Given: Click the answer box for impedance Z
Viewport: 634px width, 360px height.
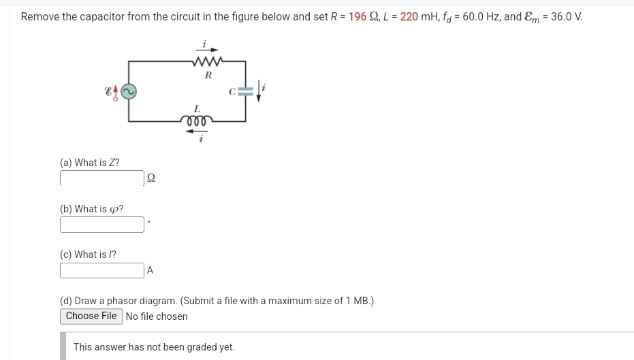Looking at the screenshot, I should click(x=102, y=178).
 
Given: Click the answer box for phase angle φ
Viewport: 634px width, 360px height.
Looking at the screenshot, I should click(x=102, y=225).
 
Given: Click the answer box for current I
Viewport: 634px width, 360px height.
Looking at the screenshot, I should click(x=102, y=270).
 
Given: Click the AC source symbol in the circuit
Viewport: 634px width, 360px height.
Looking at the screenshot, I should click(x=129, y=91).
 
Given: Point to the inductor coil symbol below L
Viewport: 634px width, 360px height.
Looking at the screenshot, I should click(x=197, y=120).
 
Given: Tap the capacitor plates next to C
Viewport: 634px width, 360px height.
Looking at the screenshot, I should click(x=246, y=91).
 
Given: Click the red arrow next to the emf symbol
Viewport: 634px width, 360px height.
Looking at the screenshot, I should click(x=116, y=91).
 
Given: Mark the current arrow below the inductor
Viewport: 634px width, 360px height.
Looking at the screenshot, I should click(x=197, y=132).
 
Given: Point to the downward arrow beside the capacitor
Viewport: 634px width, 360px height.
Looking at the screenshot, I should click(x=259, y=91).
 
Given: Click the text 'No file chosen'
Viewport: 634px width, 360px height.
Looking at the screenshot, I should click(x=157, y=316).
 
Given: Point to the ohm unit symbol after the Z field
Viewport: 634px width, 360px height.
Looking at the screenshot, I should click(x=151, y=178).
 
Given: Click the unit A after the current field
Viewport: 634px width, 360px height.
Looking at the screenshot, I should click(x=150, y=271).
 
